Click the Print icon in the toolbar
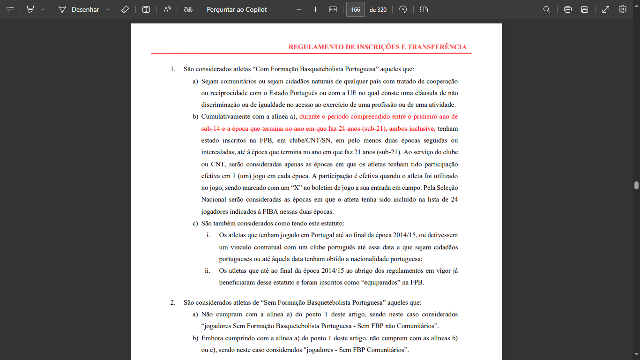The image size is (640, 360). [568, 9]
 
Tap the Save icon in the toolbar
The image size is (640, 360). [585, 9]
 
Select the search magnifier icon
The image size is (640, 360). [547, 9]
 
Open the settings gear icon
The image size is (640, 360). [623, 9]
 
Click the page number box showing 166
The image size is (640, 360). [356, 9]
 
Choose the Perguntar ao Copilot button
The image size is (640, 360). [237, 9]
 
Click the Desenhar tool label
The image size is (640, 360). [85, 9]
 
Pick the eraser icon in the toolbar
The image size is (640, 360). [125, 9]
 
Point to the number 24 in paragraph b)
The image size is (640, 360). [454, 200]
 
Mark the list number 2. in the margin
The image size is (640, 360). [173, 302]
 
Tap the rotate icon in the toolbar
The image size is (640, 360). [403, 9]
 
